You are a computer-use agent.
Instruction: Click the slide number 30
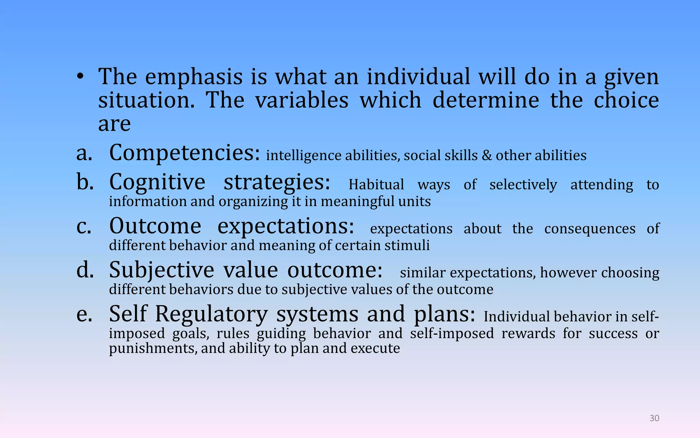pyautogui.click(x=654, y=418)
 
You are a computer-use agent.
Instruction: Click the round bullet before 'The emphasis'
pyautogui.click(x=80, y=77)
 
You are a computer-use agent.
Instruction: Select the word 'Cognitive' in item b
pyautogui.click(x=157, y=182)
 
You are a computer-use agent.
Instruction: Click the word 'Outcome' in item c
pyautogui.click(x=155, y=226)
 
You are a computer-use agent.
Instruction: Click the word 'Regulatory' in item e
pyautogui.click(x=211, y=314)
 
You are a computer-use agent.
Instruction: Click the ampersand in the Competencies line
pyautogui.click(x=487, y=156)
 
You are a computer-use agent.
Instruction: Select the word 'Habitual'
pyautogui.click(x=376, y=185)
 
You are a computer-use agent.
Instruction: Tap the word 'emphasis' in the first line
pyautogui.click(x=194, y=77)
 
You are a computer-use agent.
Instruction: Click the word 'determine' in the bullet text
pyautogui.click(x=486, y=100)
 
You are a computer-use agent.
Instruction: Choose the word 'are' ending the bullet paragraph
pyautogui.click(x=114, y=124)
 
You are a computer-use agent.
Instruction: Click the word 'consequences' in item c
pyautogui.click(x=590, y=229)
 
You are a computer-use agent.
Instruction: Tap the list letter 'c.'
pyautogui.click(x=84, y=227)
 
